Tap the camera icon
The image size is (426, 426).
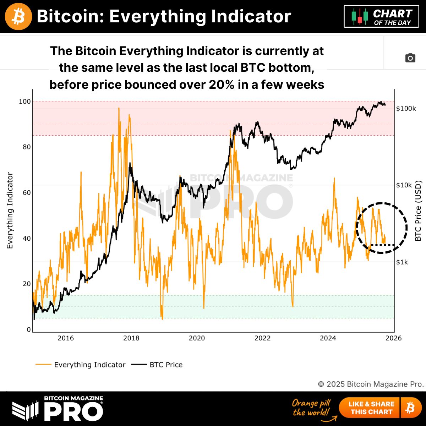coord(410,58)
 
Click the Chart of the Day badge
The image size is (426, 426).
coord(381,17)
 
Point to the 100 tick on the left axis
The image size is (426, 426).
coord(25,102)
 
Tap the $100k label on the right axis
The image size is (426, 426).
coord(406,109)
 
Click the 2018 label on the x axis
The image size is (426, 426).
coord(131,338)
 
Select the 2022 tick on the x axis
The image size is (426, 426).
coord(262,338)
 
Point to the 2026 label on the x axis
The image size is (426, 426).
coord(393,338)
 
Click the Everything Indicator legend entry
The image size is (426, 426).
coord(89,365)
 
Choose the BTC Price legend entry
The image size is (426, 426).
coord(166,365)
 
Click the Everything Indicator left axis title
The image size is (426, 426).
coord(10,211)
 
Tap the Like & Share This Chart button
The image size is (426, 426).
coord(371,408)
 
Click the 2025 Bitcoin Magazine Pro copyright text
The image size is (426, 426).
coord(371,384)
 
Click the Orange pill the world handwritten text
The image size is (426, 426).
coord(311,408)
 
